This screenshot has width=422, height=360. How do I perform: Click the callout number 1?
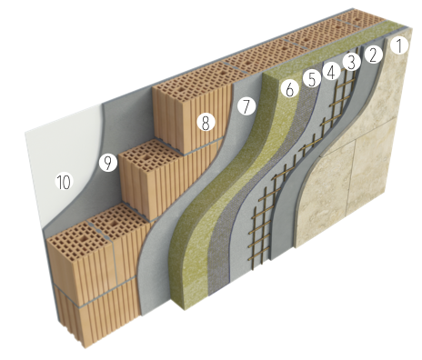pyautogui.click(x=399, y=46)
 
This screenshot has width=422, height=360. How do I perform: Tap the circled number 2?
pyautogui.click(x=373, y=55)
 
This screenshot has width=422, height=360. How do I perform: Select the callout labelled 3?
pyautogui.click(x=352, y=63)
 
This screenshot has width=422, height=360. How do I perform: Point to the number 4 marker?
pyautogui.click(x=331, y=72)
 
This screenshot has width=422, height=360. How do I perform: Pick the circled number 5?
pyautogui.click(x=312, y=79)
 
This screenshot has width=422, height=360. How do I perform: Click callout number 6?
pyautogui.click(x=290, y=89)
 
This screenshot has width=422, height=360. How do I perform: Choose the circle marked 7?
pyautogui.click(x=246, y=106)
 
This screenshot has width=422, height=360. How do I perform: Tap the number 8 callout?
pyautogui.click(x=206, y=123)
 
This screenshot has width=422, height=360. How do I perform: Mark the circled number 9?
pyautogui.click(x=108, y=163)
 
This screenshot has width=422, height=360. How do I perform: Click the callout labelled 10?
pyautogui.click(x=65, y=182)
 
